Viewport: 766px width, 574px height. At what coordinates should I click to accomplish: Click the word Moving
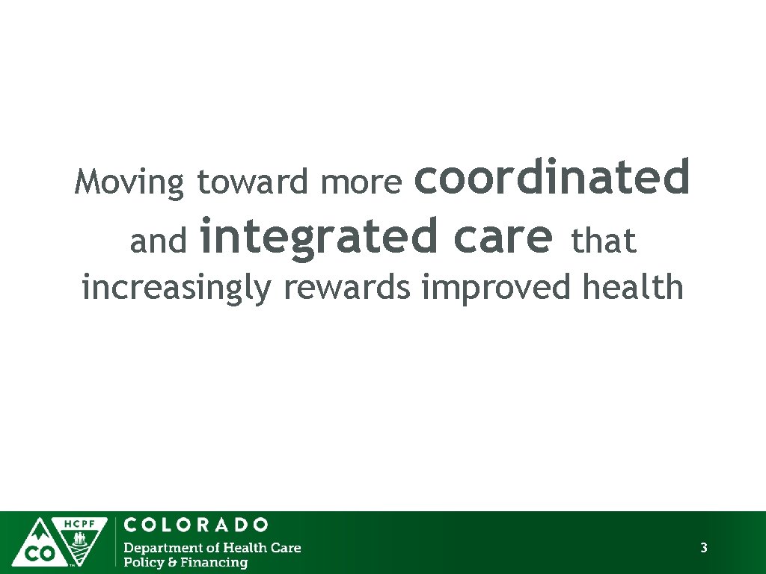[x=129, y=182]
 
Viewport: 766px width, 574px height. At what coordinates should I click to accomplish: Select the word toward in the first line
[x=252, y=182]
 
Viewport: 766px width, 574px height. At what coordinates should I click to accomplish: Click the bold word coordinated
[x=551, y=176]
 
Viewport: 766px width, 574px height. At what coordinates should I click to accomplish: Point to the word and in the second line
[x=158, y=241]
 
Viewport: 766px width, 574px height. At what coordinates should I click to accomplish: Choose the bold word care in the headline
[x=502, y=236]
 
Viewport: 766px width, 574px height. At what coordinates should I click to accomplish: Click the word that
[x=603, y=241]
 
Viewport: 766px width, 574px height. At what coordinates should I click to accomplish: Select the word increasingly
[x=176, y=288]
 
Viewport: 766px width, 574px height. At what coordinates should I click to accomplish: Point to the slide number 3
[x=703, y=549]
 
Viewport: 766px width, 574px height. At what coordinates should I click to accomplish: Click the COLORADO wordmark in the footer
[x=195, y=525]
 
